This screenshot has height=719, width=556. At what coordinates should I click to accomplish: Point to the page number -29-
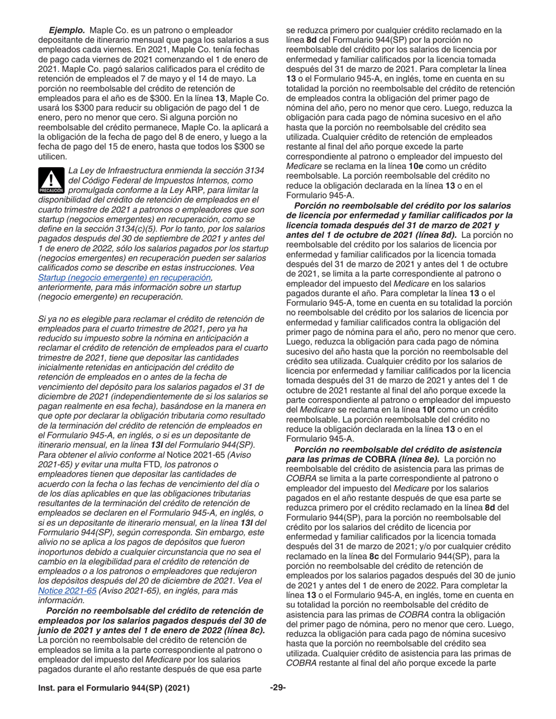pos(277,688)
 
